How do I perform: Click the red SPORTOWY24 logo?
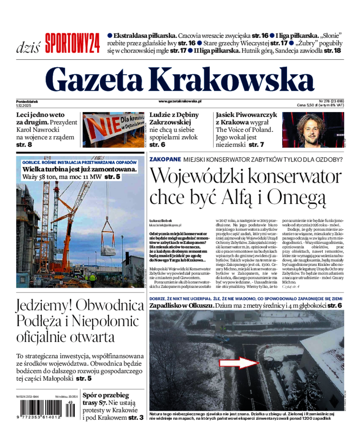72,43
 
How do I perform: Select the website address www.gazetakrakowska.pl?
180,102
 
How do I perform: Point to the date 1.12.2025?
23,106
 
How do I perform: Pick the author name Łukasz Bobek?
160,221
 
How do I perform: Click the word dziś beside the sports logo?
28,47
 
